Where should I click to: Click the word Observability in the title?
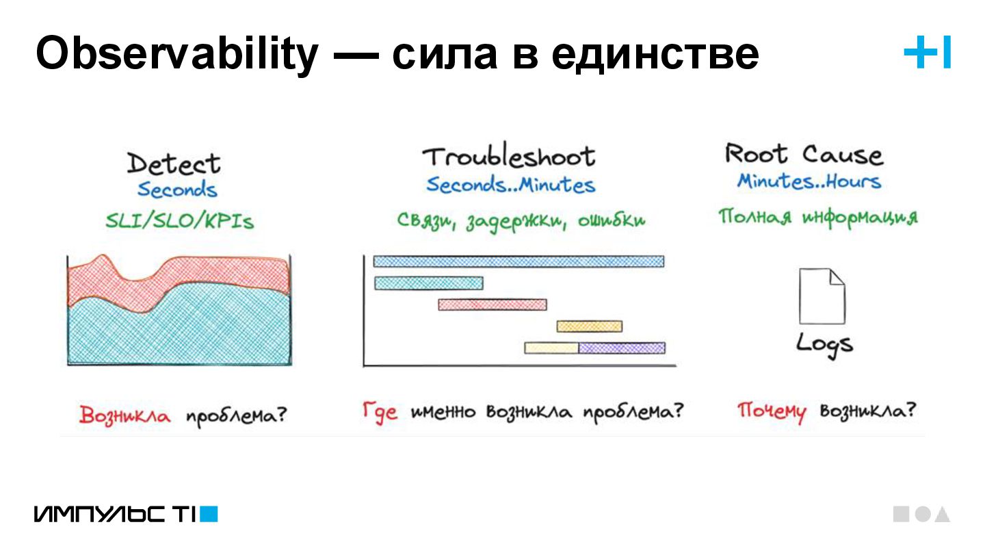click(x=176, y=54)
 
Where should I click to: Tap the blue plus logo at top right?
click(x=927, y=53)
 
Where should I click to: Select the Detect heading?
click(x=174, y=164)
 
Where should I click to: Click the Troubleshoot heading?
click(x=509, y=157)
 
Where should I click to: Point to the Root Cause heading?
click(x=804, y=154)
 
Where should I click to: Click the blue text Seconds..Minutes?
click(x=510, y=185)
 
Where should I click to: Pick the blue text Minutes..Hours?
click(x=809, y=181)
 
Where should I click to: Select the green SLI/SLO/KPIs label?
click(x=179, y=220)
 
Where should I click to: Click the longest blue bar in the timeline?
click(x=518, y=261)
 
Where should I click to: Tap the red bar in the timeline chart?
click(x=492, y=305)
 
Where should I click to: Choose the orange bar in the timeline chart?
click(x=589, y=326)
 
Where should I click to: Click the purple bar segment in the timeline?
click(x=622, y=348)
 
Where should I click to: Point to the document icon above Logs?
click(x=822, y=296)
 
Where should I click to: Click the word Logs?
click(x=824, y=343)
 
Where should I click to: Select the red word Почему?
click(x=771, y=412)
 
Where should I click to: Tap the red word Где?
click(x=380, y=412)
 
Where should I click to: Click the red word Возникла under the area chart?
click(x=124, y=415)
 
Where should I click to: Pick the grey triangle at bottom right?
click(x=943, y=515)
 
